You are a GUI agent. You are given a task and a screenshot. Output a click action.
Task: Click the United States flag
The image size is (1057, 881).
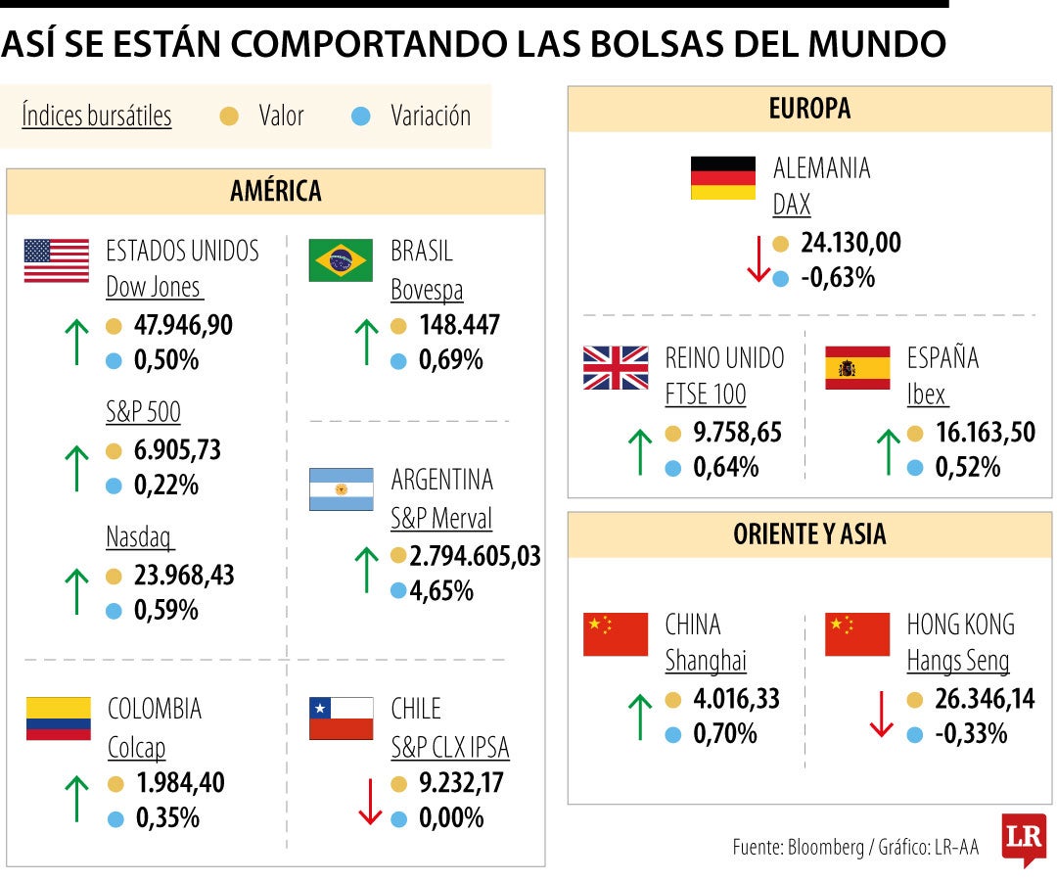(56, 260)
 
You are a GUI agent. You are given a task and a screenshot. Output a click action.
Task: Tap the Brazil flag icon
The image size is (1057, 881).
(341, 260)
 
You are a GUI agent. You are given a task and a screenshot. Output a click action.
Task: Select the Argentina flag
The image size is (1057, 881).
(341, 489)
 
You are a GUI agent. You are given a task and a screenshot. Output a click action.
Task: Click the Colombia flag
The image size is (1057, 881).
(58, 719)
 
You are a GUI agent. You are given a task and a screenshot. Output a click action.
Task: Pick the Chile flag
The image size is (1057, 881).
(341, 719)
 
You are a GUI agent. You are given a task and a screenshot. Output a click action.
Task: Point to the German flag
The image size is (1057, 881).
(722, 178)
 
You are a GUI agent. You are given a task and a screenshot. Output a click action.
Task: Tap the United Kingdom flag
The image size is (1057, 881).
(616, 368)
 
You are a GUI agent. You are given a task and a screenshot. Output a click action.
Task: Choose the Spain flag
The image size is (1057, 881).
(857, 368)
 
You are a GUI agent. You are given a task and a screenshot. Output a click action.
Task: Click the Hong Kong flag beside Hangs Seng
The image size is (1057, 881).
(857, 634)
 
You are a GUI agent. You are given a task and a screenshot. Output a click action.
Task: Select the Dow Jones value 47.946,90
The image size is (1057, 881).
(183, 325)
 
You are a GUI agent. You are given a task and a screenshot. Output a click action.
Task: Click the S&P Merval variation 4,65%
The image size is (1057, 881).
(445, 591)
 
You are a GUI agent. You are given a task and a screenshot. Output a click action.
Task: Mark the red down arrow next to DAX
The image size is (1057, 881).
(758, 260)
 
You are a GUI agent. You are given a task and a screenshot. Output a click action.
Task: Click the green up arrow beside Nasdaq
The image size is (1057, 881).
(75, 591)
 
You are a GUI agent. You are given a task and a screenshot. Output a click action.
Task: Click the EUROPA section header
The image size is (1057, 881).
(809, 109)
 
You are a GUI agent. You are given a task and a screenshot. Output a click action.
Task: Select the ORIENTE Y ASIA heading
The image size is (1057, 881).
(809, 534)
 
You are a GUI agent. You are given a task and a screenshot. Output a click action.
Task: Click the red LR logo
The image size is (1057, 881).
(1023, 839)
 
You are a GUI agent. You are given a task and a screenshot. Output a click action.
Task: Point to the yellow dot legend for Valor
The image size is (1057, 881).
(230, 116)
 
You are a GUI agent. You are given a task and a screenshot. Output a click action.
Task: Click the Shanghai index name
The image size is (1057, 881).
(705, 662)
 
